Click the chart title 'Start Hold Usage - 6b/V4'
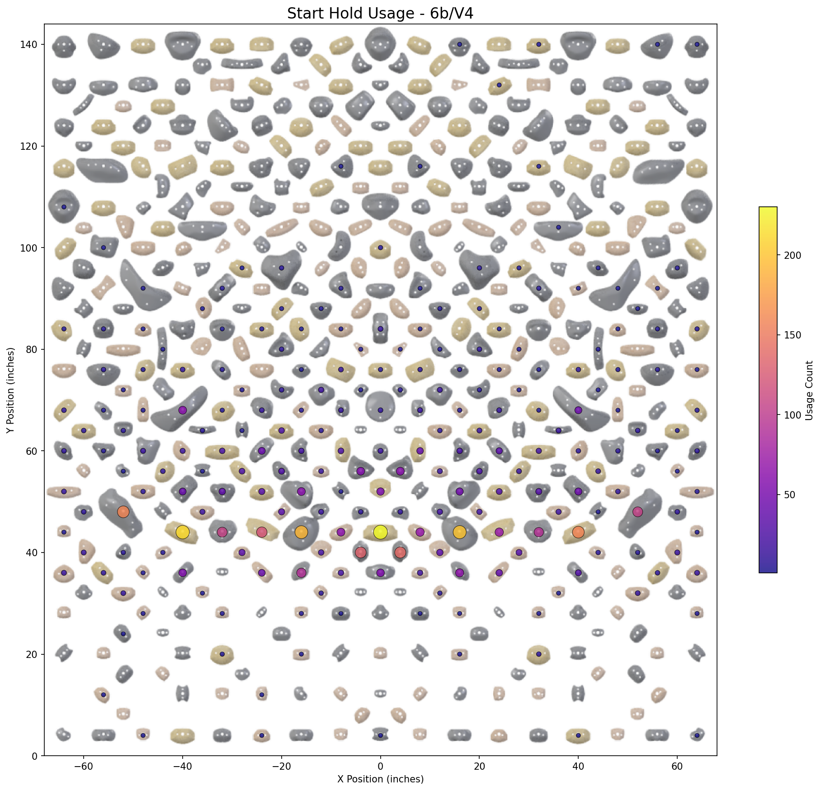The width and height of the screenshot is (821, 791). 380,14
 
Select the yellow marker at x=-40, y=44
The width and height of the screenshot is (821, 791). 182,532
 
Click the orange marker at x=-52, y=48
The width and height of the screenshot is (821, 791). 123,512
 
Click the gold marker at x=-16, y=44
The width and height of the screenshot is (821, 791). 301,532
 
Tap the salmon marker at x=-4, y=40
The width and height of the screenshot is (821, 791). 360,553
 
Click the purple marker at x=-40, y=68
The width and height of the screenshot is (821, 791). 182,410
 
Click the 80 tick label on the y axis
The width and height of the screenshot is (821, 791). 32,349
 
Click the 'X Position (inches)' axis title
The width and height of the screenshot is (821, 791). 380,779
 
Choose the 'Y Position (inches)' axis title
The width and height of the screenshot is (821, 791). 10,390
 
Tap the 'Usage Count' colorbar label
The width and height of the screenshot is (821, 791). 809,390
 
